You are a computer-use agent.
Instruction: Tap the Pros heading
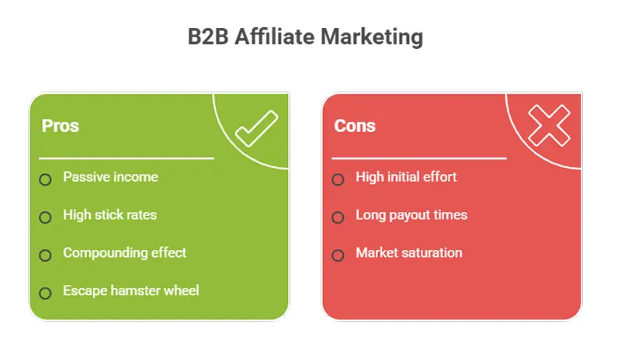60,126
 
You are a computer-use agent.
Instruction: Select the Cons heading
355,126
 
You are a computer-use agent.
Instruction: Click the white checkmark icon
256,129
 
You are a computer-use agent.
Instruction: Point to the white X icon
549,126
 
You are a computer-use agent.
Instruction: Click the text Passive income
110,177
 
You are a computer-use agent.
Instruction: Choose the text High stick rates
109,215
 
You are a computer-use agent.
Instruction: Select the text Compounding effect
124,253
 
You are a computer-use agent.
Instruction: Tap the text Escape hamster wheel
130,291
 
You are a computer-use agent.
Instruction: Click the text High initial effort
406,177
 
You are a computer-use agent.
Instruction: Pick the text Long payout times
411,215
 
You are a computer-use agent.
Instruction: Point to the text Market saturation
408,253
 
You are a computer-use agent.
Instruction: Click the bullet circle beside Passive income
46,179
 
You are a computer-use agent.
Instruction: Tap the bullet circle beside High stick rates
46,217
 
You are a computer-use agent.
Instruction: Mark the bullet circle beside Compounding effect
46,255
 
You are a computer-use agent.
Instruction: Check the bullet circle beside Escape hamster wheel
46,293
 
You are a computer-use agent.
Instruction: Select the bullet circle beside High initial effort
338,179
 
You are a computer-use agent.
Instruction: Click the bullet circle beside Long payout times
338,217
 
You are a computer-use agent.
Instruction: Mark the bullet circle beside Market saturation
338,255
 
